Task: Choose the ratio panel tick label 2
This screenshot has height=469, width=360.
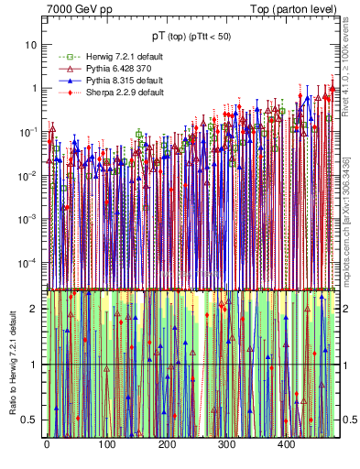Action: (x=35, y=308)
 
